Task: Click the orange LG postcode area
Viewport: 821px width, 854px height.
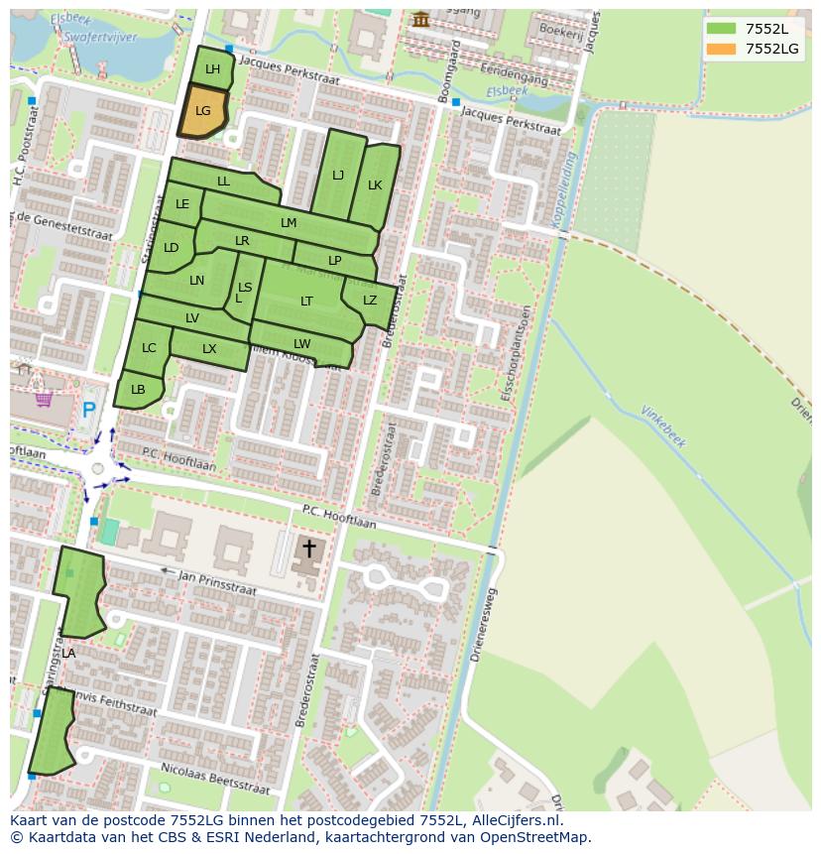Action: [202, 111]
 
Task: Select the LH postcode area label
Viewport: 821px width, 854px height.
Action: [212, 69]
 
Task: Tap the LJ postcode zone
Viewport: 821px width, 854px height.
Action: [338, 176]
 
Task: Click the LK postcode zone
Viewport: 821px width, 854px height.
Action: [375, 185]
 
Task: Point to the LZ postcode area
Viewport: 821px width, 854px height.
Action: [369, 301]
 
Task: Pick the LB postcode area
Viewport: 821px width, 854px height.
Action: [138, 390]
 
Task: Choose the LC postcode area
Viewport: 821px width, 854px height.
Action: [149, 348]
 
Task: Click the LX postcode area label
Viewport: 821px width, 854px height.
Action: [209, 349]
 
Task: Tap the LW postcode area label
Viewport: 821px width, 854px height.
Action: [301, 344]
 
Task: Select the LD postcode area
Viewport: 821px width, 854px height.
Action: [171, 248]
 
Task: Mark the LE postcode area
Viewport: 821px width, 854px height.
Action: [182, 205]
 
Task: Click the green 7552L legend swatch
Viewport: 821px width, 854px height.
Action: [721, 29]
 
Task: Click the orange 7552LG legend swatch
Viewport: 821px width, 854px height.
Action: [721, 49]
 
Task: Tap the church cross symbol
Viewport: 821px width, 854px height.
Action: [308, 549]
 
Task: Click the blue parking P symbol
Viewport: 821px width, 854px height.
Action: [89, 409]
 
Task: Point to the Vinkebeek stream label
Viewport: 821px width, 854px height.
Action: [663, 427]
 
